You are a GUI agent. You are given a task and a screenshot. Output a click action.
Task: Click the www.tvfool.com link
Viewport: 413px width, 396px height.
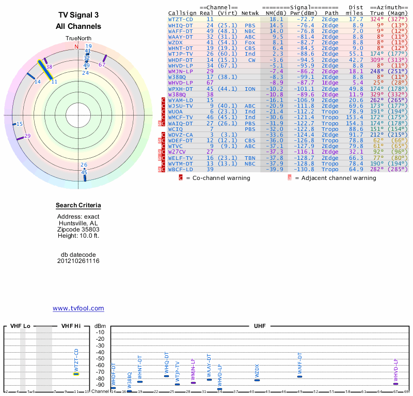(x=78, y=308)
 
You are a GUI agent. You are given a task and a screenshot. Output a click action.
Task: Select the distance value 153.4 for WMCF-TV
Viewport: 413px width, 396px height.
(x=354, y=118)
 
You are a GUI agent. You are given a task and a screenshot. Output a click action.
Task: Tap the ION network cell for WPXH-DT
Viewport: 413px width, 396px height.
(x=250, y=89)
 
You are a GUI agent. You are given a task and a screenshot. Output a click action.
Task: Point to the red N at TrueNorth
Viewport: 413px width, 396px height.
(x=76, y=46)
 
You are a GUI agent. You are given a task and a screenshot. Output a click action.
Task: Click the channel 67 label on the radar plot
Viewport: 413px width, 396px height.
(x=102, y=64)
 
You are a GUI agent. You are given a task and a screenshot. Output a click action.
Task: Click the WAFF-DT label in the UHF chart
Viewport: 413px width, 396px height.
(x=299, y=364)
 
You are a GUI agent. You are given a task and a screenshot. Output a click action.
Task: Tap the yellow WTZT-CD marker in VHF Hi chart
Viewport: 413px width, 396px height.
(x=76, y=374)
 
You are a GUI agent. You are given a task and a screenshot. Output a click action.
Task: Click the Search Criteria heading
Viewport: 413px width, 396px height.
(x=78, y=206)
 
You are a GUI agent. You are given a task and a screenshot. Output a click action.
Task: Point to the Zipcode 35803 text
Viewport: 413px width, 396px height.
(x=78, y=229)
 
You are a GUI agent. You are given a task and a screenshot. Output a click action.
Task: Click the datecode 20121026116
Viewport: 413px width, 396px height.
(x=78, y=261)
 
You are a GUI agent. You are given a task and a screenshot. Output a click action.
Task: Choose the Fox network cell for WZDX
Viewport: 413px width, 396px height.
(x=250, y=42)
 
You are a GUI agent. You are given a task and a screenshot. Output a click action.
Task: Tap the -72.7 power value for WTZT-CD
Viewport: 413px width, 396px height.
(x=303, y=19)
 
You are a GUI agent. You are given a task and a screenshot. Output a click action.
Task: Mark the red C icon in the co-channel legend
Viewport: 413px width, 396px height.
(x=181, y=178)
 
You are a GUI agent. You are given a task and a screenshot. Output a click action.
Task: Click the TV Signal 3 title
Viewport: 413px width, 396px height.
(x=78, y=16)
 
